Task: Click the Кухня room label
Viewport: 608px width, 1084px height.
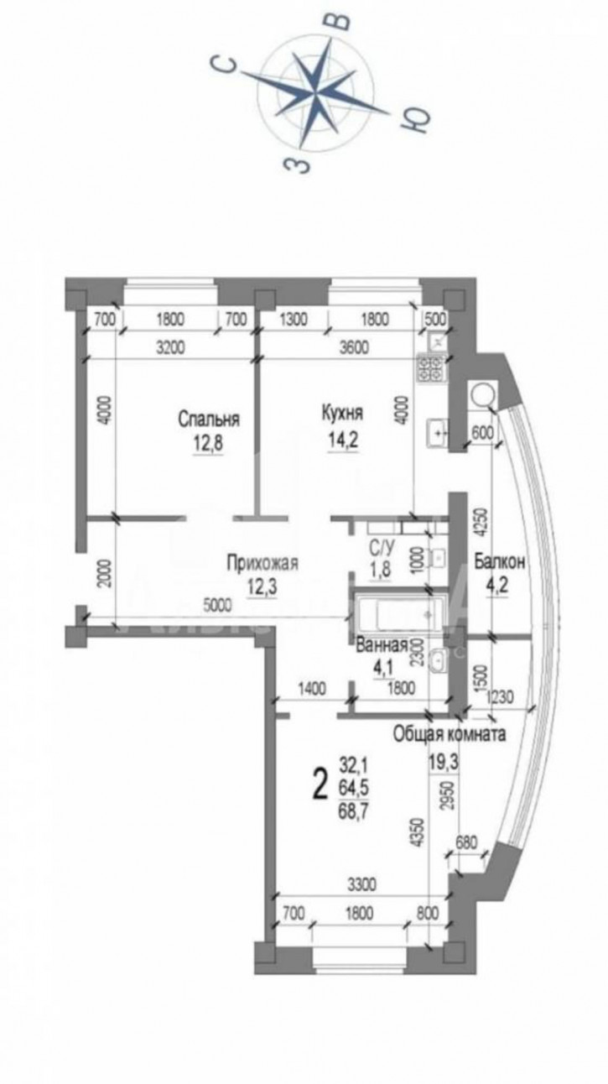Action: tap(342, 413)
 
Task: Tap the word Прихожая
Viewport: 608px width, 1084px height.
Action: tap(262, 562)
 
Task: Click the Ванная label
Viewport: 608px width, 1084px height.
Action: tap(382, 646)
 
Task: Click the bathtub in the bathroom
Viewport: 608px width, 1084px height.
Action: tap(394, 615)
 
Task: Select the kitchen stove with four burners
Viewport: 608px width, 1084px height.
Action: tap(432, 368)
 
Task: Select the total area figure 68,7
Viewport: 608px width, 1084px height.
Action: tap(352, 809)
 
